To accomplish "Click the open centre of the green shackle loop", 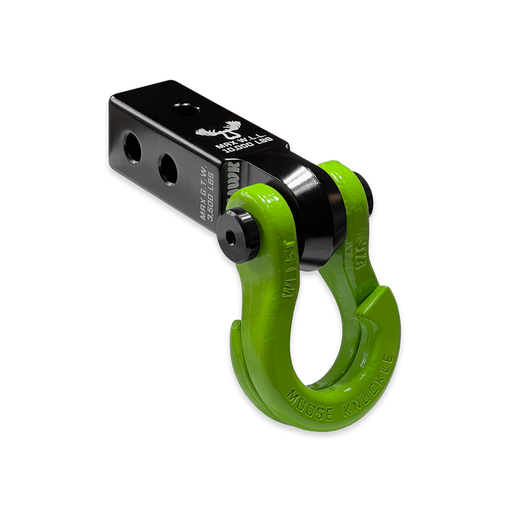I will (x=300, y=345).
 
